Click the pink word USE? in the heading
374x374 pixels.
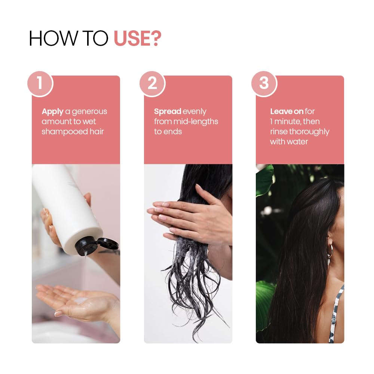pos(138,38)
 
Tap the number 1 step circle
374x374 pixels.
pos(40,83)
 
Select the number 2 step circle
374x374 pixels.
pos(152,83)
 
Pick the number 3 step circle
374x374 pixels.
pos(264,83)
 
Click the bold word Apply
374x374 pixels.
pos(52,111)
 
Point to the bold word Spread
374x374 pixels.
pos(168,111)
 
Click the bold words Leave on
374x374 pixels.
pos(287,111)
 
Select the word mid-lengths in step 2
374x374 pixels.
pos(196,122)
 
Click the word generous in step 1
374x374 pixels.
pos(89,111)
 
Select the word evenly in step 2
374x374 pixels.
pos(194,111)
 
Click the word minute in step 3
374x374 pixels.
pos(289,122)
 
